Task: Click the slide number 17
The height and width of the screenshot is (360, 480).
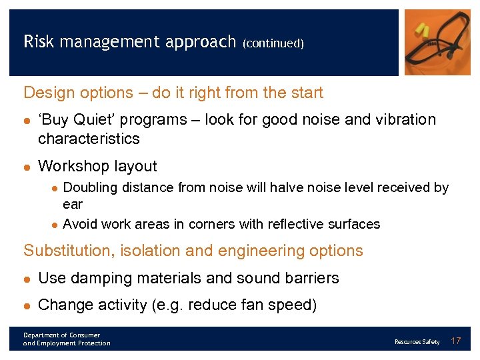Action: pos(456,341)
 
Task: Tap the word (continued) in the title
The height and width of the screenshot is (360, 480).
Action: pos(273,43)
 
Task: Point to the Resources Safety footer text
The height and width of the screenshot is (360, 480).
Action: pos(417,342)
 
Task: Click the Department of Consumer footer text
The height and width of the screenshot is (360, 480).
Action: pos(61,335)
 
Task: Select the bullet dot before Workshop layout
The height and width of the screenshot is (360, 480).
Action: pos(27,167)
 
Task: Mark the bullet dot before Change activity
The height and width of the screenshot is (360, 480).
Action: pos(27,305)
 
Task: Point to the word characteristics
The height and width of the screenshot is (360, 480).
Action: pos(89,139)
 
